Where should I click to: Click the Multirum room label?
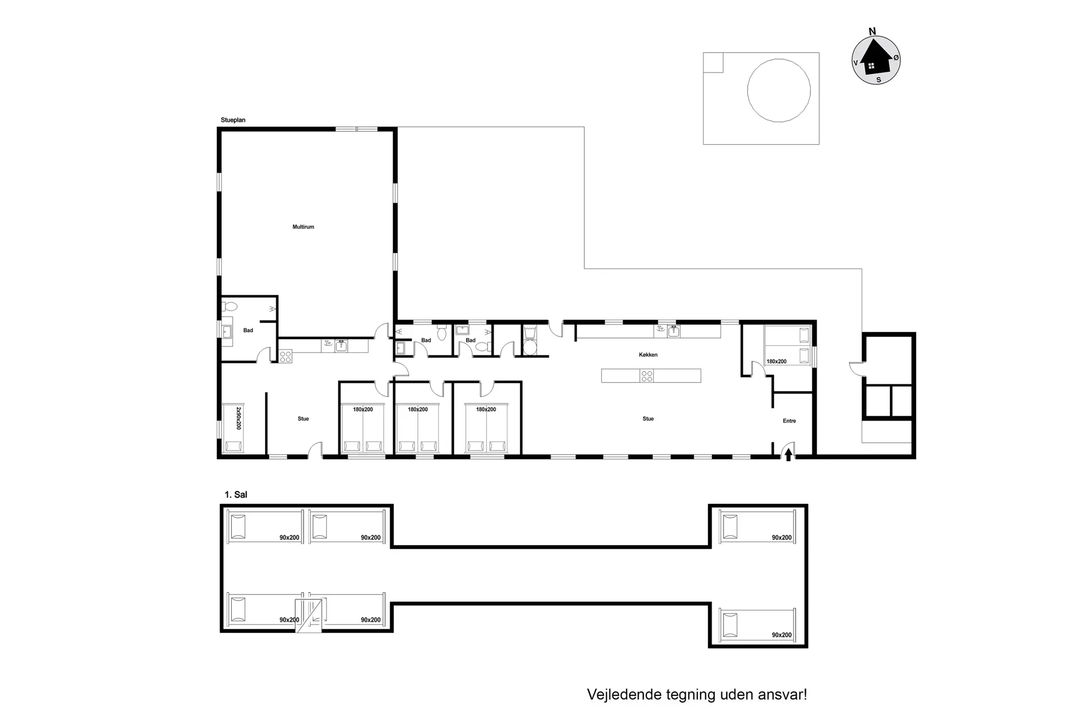pos(303,227)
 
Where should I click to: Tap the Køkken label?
pos(648,355)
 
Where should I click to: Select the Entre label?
pos(789,421)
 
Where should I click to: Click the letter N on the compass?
pos(873,32)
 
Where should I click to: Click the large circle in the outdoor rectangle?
pos(779,90)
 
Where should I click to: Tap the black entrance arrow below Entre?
pos(788,455)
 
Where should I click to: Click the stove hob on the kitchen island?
pos(647,376)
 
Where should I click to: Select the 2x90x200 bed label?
pos(238,418)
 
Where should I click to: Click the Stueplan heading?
pos(233,120)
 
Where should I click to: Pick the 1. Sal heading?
pos(236,494)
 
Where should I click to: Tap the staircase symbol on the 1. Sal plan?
pos(309,615)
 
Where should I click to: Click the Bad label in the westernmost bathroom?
pos(248,330)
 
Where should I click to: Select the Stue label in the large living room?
pos(648,418)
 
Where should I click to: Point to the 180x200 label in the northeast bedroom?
pos(776,361)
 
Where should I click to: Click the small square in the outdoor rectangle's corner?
pos(713,63)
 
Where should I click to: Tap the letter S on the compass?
pos(878,80)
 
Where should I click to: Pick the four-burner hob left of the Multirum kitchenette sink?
pos(285,356)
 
